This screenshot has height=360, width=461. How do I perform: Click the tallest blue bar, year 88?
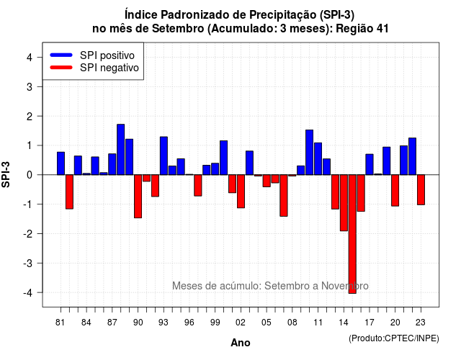tap(120, 149)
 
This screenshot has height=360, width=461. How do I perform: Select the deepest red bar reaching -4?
tap(352, 234)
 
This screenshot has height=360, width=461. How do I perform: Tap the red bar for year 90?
tap(138, 197)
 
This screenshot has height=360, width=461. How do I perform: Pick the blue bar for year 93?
tap(164, 156)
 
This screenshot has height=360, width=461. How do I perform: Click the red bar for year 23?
tap(421, 189)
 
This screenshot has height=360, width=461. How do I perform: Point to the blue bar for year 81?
tap(61, 163)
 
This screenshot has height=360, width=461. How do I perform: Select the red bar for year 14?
tap(344, 203)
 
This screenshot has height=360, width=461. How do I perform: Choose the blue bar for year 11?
tap(318, 158)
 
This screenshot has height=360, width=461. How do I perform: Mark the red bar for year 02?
tap(241, 192)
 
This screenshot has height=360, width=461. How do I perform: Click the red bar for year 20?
tap(395, 190)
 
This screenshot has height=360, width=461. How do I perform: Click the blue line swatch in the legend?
tap(61, 55)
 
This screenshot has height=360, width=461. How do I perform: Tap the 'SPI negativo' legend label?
tap(109, 68)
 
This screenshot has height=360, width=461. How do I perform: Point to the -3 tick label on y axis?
tap(28, 263)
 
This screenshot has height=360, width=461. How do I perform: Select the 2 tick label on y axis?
tap(30, 117)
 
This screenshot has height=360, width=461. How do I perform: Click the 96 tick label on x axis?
tap(189, 323)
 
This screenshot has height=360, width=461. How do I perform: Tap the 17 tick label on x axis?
tap(370, 323)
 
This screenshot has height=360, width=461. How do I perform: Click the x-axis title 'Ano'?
tap(241, 343)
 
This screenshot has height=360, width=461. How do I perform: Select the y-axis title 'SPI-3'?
tap(6, 174)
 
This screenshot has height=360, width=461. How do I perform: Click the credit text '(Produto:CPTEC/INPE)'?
tap(394, 338)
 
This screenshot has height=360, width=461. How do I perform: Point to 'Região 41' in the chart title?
tap(362, 29)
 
